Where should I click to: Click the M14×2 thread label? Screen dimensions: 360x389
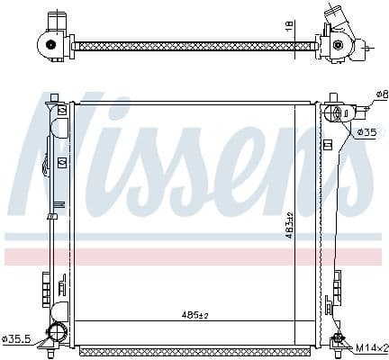pos(372,346)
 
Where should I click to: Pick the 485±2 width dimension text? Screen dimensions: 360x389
pos(194,315)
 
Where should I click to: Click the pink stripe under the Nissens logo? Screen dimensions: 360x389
pos(180,256)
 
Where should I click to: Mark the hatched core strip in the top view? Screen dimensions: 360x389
pos(194,44)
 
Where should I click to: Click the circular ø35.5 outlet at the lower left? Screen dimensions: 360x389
pos(57,334)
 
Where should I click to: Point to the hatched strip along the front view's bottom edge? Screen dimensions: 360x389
pos(194,347)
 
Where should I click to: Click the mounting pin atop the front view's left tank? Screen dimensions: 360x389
pos(53,95)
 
